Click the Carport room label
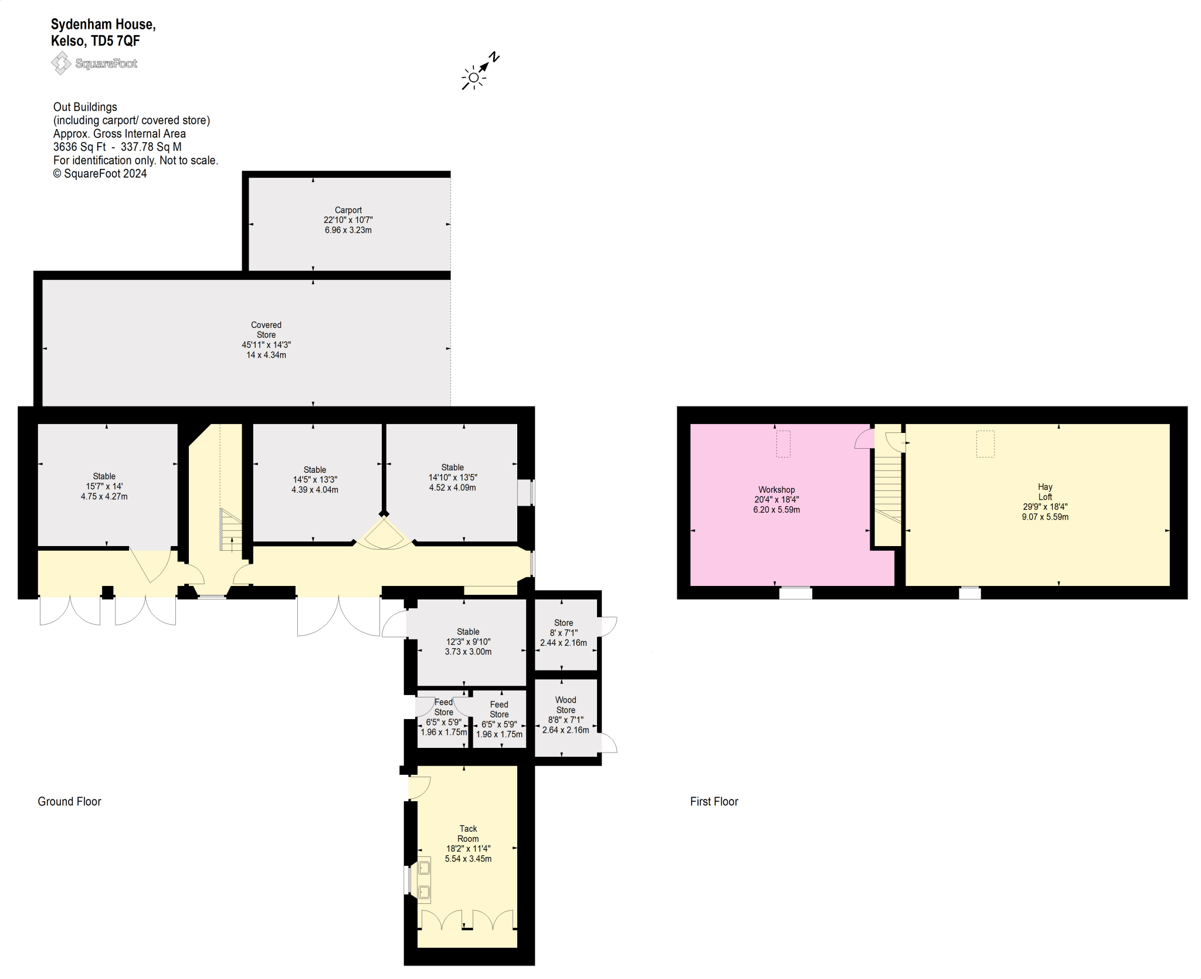point(348,210)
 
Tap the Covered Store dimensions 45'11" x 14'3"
point(266,345)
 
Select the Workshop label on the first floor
point(776,490)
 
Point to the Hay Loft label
point(1045,492)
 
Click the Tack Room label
point(468,834)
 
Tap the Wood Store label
point(565,704)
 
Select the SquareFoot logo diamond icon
point(61,63)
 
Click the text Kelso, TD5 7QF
point(96,41)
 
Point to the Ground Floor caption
point(69,801)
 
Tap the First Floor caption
point(714,801)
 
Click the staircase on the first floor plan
point(888,490)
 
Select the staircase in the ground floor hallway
point(230,530)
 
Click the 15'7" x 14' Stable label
point(104,486)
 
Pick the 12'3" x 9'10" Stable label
point(468,642)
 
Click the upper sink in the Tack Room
point(424,868)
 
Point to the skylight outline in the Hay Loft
point(985,443)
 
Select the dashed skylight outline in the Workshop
point(783,443)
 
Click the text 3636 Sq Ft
point(80,147)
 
